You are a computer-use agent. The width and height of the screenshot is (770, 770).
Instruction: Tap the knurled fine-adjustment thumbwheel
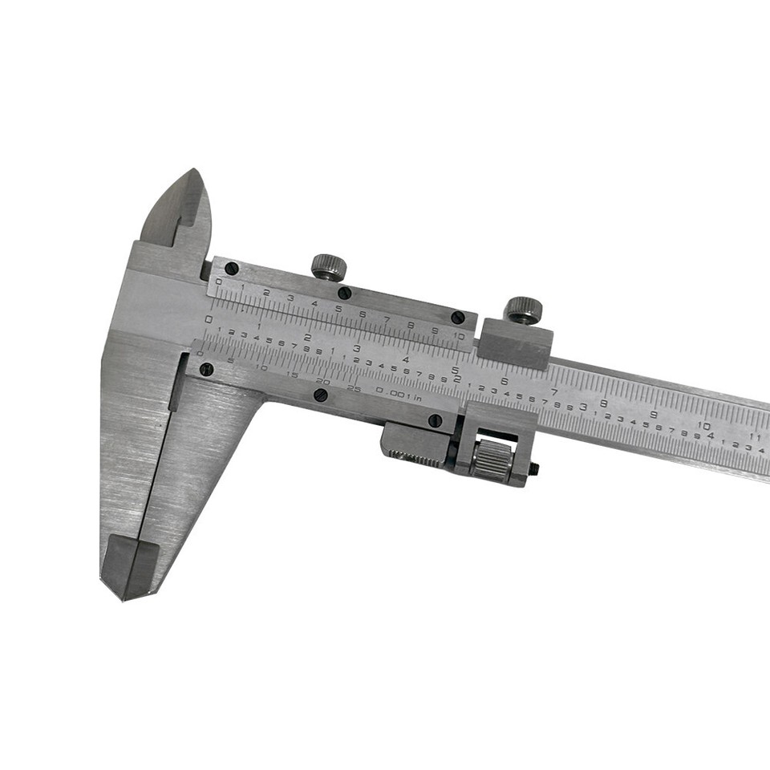pyautogui.click(x=491, y=460)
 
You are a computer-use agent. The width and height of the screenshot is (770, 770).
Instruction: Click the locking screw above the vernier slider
pyautogui.click(x=327, y=266)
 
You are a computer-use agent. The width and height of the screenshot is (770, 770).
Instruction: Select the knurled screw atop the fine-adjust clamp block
pyautogui.click(x=523, y=309)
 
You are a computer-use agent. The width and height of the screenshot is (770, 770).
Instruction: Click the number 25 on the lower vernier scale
pyautogui.click(x=353, y=388)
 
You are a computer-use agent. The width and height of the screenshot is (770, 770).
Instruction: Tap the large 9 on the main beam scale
pyautogui.click(x=654, y=414)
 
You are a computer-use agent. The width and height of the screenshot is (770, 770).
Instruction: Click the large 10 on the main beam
pyautogui.click(x=703, y=425)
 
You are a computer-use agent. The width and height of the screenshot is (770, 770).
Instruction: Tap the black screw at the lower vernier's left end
pyautogui.click(x=207, y=369)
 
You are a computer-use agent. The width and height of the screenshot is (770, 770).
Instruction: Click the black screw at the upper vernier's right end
pyautogui.click(x=457, y=317)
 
